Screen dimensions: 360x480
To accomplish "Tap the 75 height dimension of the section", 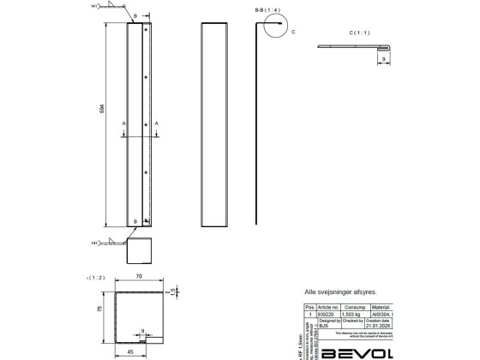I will (100, 309).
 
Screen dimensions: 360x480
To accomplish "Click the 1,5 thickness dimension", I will (172, 291).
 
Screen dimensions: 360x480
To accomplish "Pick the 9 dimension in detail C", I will (382, 59).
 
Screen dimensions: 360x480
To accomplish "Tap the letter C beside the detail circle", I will (293, 32).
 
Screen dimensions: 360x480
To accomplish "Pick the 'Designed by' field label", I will (329, 321).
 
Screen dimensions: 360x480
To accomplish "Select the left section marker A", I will (125, 123).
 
